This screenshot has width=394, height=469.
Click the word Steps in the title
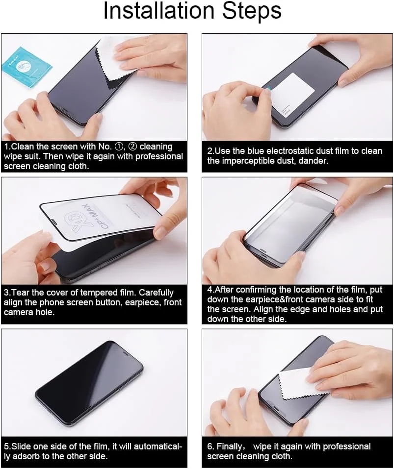(x=252, y=12)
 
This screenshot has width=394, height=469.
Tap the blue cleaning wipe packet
(x=27, y=67)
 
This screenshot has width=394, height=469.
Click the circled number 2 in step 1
(x=133, y=147)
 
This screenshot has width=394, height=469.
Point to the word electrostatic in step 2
(x=300, y=151)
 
